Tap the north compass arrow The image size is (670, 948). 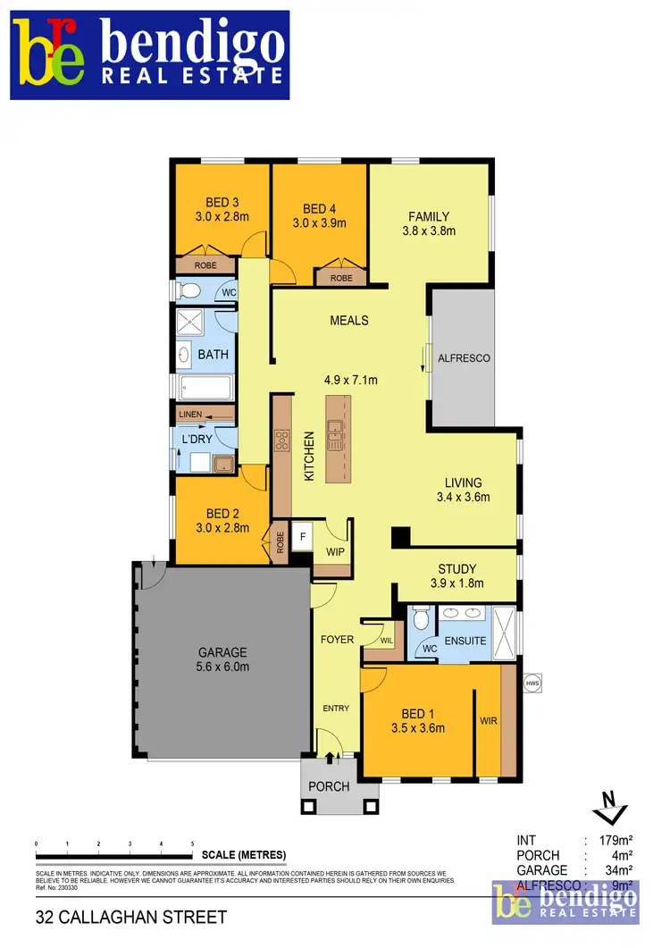tap(608, 809)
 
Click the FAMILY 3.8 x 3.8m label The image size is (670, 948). tap(429, 222)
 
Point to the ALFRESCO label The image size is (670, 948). tap(464, 358)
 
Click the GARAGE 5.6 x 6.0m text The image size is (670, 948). tap(222, 659)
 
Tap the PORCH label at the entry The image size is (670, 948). tap(329, 787)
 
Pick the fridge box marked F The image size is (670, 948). tap(303, 536)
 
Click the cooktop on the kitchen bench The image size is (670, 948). tap(282, 439)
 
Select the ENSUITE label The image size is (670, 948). tap(465, 641)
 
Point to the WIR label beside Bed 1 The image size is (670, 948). tap(488, 718)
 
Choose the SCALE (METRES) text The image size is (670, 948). tap(244, 855)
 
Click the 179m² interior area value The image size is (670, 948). tap(613, 841)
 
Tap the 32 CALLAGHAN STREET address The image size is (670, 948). tap(131, 917)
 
